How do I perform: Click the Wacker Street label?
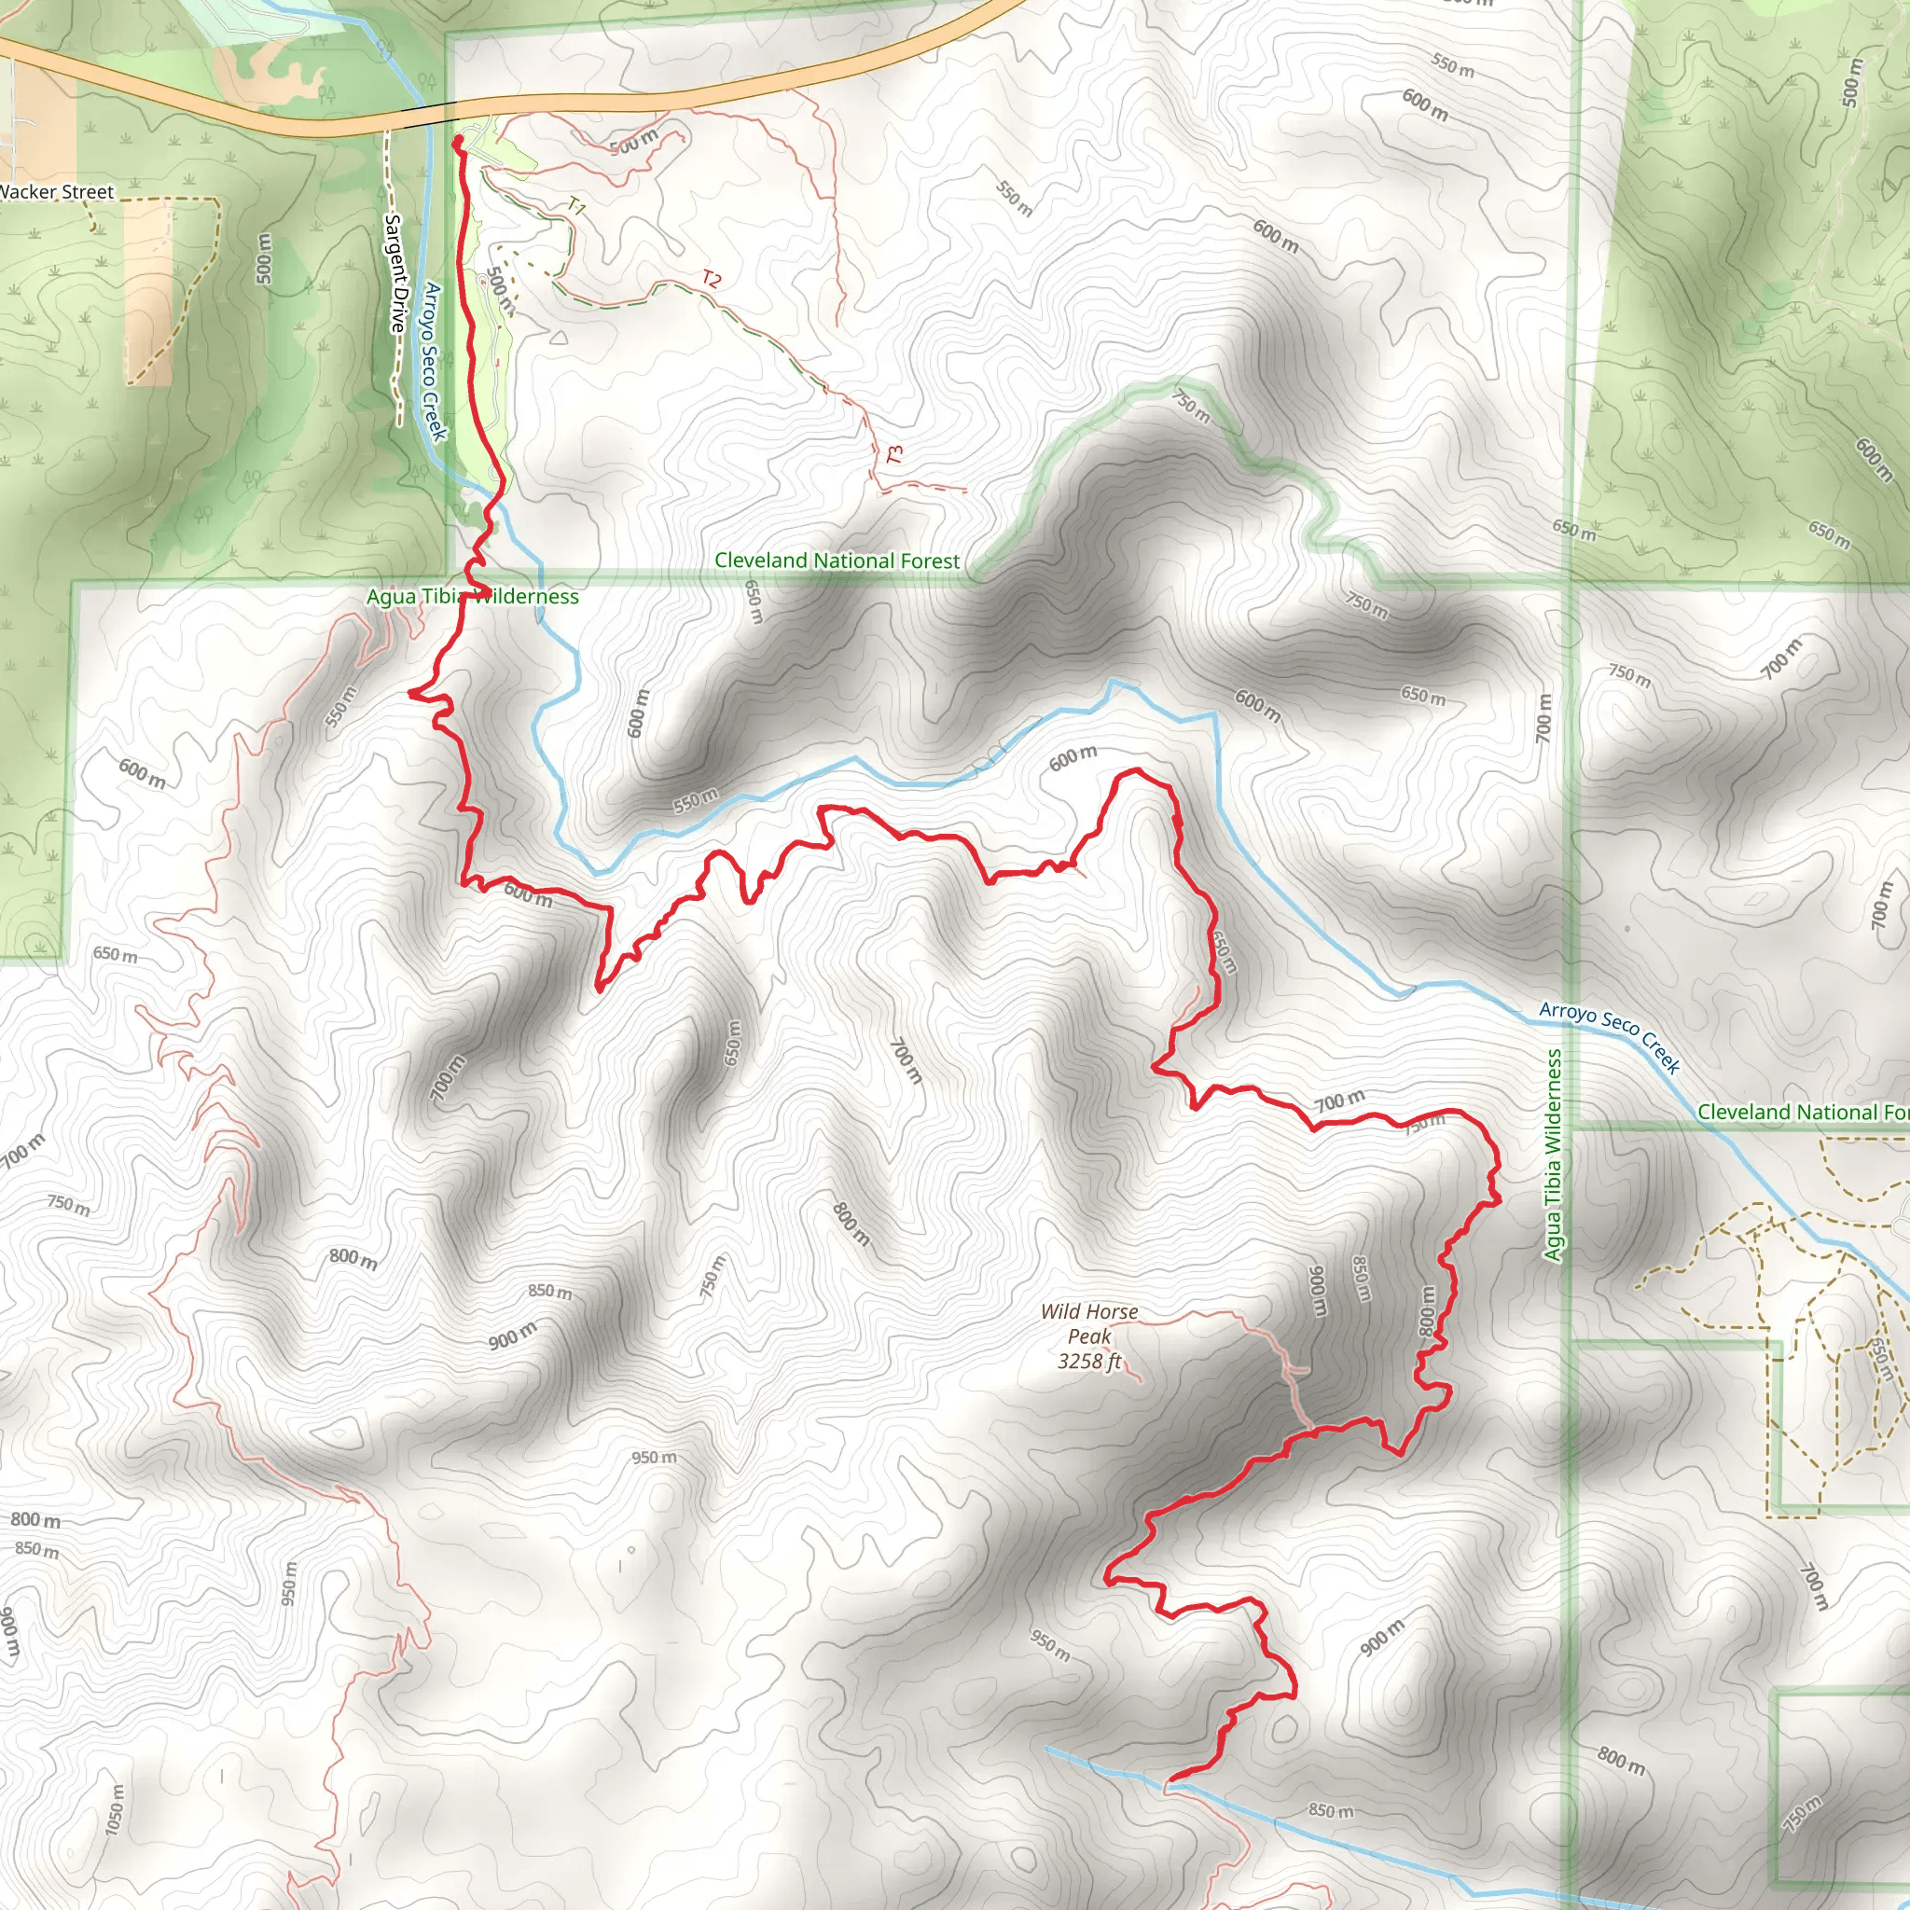(x=57, y=192)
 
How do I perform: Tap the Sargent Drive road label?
(x=395, y=275)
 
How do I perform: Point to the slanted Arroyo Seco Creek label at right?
(x=1610, y=1037)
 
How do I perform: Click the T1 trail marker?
(x=576, y=207)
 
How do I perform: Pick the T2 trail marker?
(x=711, y=279)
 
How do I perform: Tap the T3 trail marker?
(x=894, y=455)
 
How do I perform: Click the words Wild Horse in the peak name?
(x=1088, y=1312)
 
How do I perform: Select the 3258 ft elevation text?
(x=1088, y=1362)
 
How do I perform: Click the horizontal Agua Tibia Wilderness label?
(x=473, y=597)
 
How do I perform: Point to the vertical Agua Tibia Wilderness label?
(x=1553, y=1155)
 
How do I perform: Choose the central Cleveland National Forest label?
(x=837, y=561)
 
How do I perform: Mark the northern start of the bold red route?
(x=458, y=144)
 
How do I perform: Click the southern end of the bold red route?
(x=1170, y=1780)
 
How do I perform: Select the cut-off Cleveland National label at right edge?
(x=1802, y=1113)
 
